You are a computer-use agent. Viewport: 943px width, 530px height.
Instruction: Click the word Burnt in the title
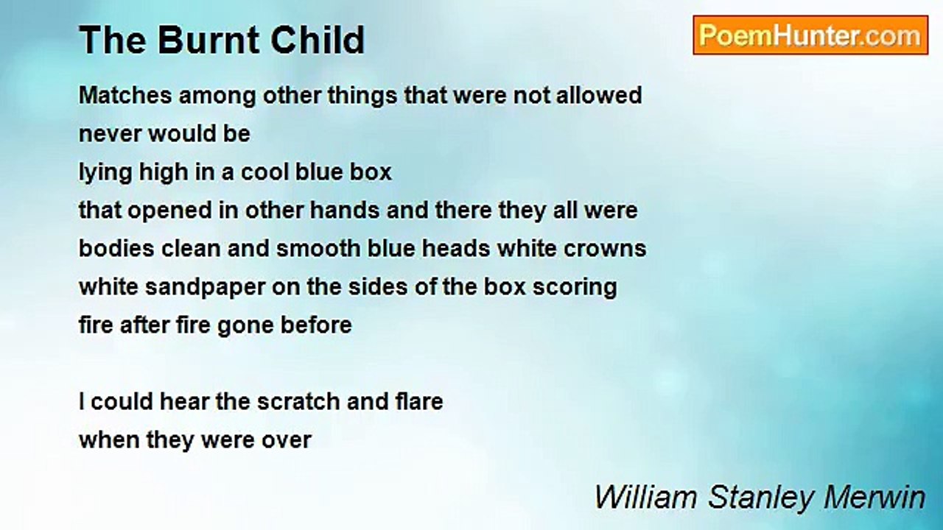209,40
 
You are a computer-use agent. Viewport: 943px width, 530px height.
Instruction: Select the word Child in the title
318,40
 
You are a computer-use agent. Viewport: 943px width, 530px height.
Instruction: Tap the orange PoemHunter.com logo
810,35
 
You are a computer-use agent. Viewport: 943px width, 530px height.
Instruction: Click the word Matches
125,95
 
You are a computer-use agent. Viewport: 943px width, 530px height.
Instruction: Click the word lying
105,172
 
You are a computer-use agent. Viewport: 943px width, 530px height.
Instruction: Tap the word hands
344,211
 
